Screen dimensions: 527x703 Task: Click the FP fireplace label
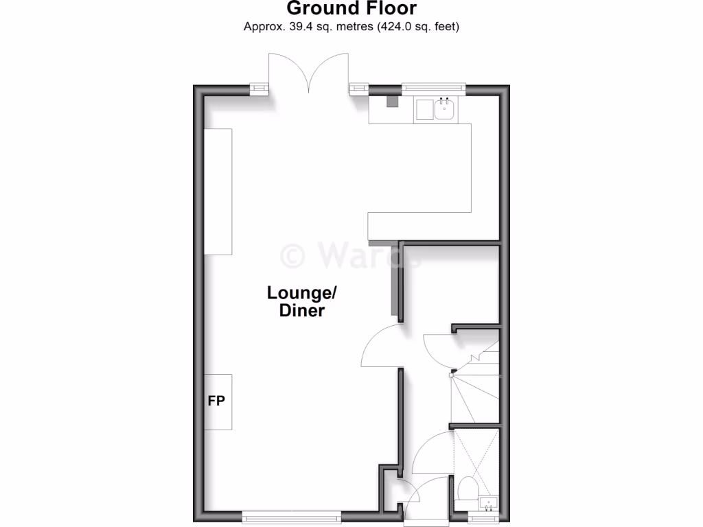[217, 401]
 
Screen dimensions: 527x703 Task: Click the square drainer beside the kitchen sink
[423, 110]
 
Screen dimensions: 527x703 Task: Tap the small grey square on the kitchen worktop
[393, 102]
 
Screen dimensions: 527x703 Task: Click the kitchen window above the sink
[433, 88]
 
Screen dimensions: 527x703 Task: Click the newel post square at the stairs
[452, 375]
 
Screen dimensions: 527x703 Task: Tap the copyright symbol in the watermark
[293, 256]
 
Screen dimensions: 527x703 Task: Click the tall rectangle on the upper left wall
[218, 191]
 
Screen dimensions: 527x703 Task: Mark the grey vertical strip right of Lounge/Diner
[395, 281]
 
